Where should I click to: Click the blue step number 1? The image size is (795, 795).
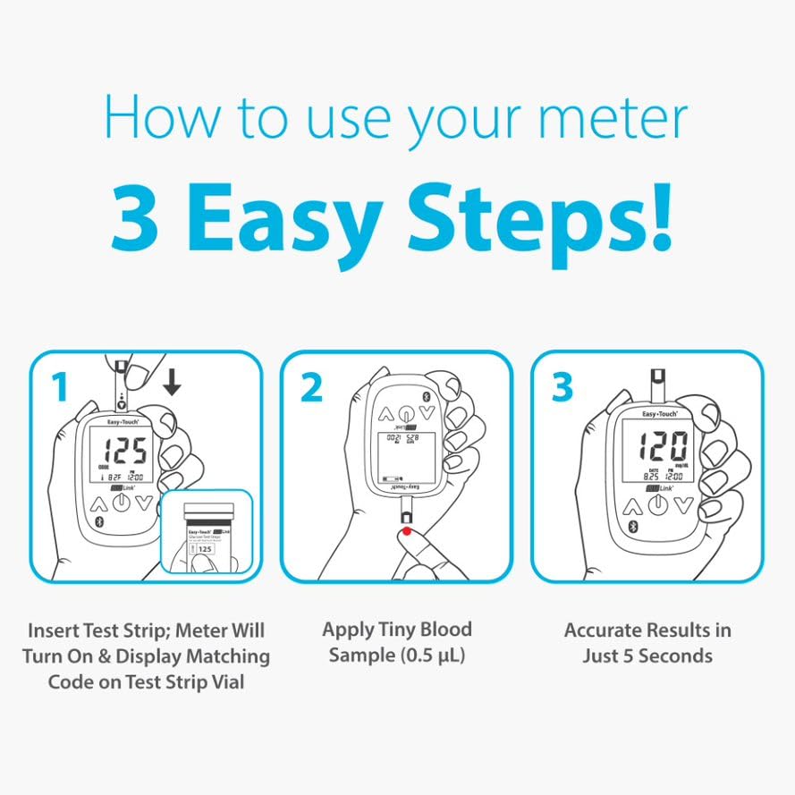(x=59, y=387)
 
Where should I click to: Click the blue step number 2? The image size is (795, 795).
(x=310, y=387)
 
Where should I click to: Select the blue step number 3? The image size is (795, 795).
(x=561, y=387)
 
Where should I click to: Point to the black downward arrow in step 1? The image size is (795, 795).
(x=172, y=382)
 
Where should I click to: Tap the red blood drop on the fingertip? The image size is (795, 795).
(x=407, y=535)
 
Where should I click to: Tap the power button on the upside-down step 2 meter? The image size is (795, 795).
(x=407, y=414)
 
